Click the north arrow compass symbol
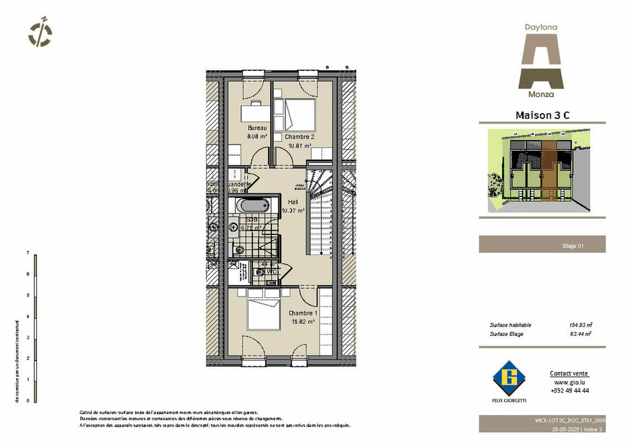[41, 32]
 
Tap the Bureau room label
[257, 127]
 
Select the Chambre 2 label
[299, 137]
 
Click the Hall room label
[293, 202]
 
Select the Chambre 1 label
[302, 313]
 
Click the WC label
[271, 272]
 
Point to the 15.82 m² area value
[302, 321]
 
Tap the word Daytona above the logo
[541, 27]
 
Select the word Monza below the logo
[541, 94]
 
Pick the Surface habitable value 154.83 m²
[580, 325]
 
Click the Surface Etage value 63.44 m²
[580, 334]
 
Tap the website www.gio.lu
[569, 383]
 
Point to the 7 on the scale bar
[28, 253]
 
